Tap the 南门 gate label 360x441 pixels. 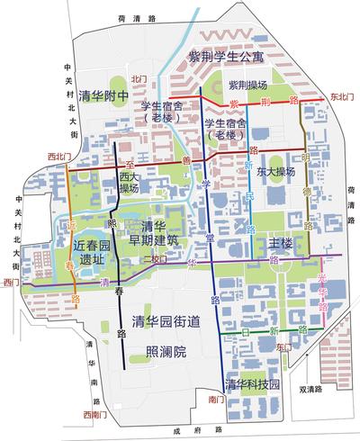[213, 396]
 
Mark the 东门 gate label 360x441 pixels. [283, 346]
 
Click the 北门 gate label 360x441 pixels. [138, 78]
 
